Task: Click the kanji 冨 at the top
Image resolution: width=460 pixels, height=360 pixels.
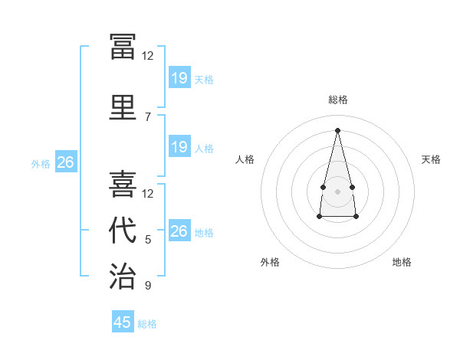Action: (x=123, y=47)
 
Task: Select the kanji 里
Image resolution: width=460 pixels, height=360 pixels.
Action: (x=123, y=107)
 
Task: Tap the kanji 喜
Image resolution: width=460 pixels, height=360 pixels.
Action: (x=123, y=184)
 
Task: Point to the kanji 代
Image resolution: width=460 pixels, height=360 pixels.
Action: (x=123, y=230)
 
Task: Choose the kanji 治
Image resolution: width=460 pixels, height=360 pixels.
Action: (x=123, y=276)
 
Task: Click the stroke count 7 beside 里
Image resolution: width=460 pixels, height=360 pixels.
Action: (x=148, y=117)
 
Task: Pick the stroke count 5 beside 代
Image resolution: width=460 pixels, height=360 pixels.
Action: (x=148, y=240)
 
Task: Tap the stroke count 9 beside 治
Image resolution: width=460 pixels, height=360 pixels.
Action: (x=148, y=285)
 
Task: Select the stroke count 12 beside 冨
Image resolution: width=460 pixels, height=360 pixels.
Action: (x=147, y=56)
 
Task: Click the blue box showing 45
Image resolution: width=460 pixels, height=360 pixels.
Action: (x=123, y=321)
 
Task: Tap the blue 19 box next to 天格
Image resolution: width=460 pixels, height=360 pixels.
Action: (x=180, y=77)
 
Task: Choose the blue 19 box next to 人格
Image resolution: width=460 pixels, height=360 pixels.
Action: (x=180, y=146)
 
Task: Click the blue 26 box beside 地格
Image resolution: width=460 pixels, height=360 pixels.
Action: (x=180, y=230)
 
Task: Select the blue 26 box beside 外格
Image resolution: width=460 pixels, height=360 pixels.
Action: (x=66, y=162)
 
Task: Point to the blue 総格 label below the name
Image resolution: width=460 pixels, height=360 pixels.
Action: (x=147, y=324)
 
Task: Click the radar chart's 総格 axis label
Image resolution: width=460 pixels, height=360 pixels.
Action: (x=338, y=100)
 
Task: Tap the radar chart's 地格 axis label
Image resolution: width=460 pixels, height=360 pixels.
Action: (x=402, y=262)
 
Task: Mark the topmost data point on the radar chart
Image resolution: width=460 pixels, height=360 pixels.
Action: (x=337, y=130)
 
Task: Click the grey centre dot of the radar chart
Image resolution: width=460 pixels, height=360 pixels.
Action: (x=337, y=191)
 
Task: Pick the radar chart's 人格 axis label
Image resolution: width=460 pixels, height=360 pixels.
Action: (x=245, y=159)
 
